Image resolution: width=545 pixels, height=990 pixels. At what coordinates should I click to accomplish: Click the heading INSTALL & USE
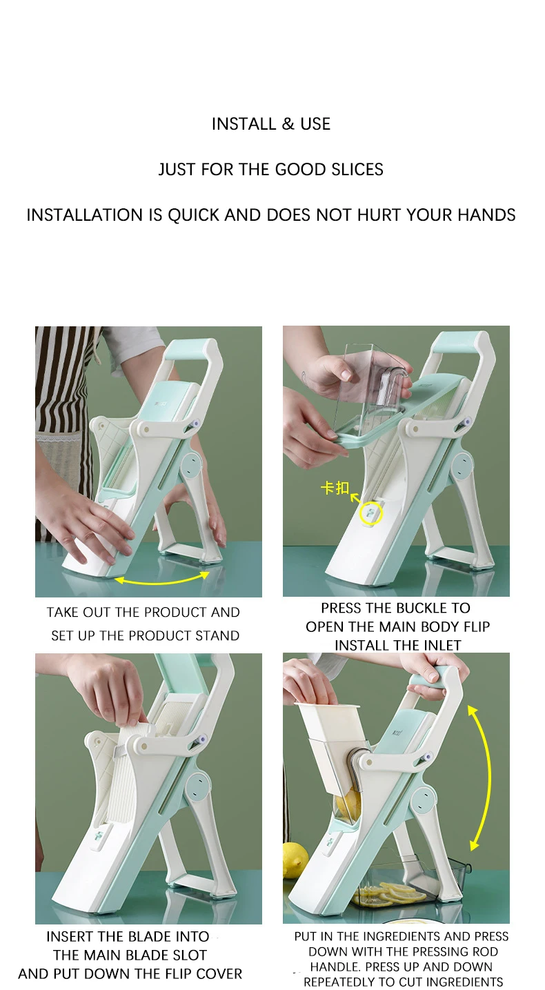tap(271, 124)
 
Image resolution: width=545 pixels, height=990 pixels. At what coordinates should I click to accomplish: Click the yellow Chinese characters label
tap(335, 488)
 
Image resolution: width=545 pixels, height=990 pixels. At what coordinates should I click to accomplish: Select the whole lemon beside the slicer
tap(294, 860)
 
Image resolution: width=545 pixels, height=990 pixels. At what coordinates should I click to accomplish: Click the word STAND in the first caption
tap(217, 636)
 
